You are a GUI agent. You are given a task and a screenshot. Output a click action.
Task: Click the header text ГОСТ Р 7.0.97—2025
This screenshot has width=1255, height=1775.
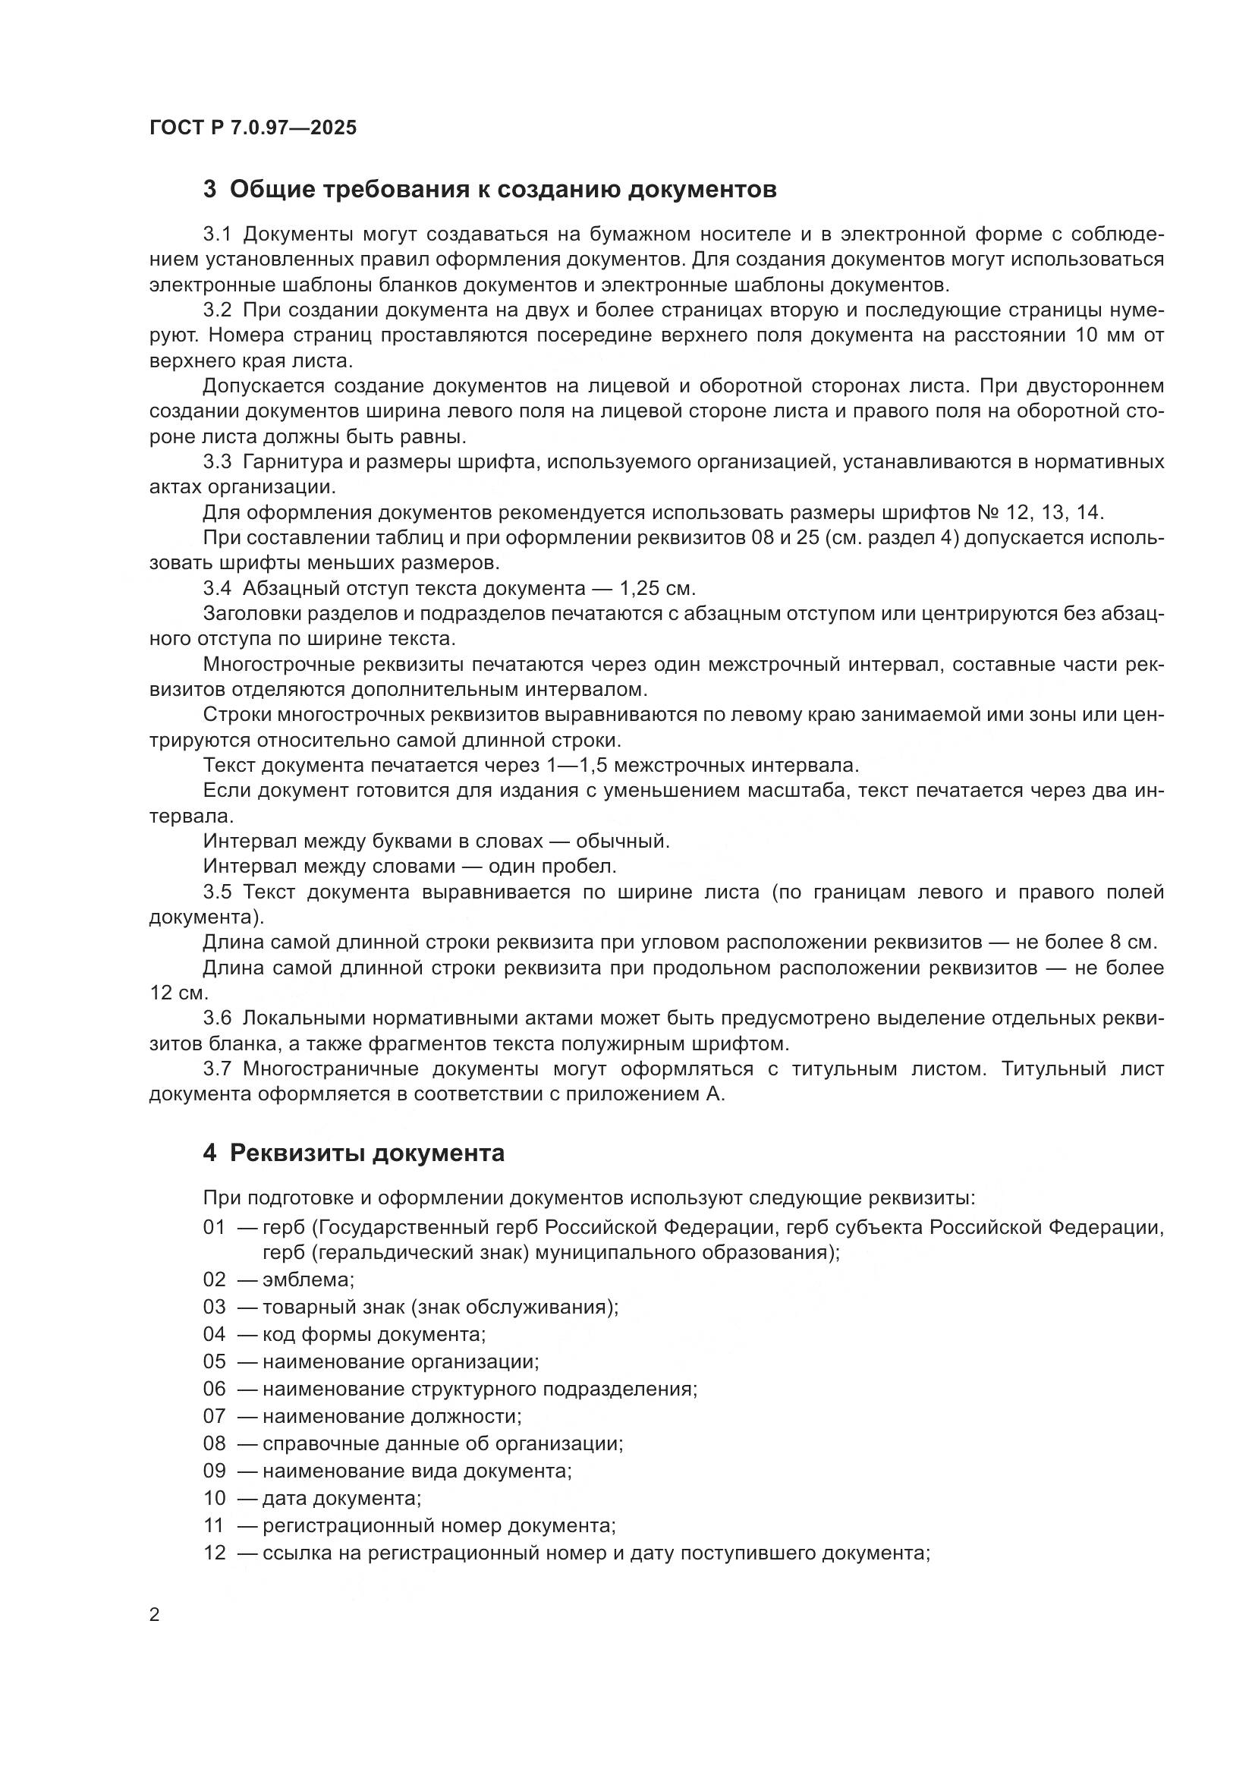point(253,128)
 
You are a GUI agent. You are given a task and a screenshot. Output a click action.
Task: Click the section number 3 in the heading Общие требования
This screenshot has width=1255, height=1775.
point(209,190)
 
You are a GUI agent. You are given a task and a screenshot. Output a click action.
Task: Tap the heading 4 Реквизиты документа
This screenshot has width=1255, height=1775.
point(353,1153)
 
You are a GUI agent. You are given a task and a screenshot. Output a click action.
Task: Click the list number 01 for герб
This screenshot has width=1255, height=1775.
point(214,1228)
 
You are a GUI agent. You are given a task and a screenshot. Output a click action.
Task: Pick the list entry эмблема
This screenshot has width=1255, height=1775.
point(308,1279)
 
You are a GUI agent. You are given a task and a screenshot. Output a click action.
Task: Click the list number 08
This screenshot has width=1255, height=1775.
point(214,1443)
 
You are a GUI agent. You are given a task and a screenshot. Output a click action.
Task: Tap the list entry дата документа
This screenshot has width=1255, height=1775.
point(341,1498)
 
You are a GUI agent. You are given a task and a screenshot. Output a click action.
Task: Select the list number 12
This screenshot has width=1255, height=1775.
point(214,1553)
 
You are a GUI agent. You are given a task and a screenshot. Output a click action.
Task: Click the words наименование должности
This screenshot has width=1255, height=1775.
point(392,1416)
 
